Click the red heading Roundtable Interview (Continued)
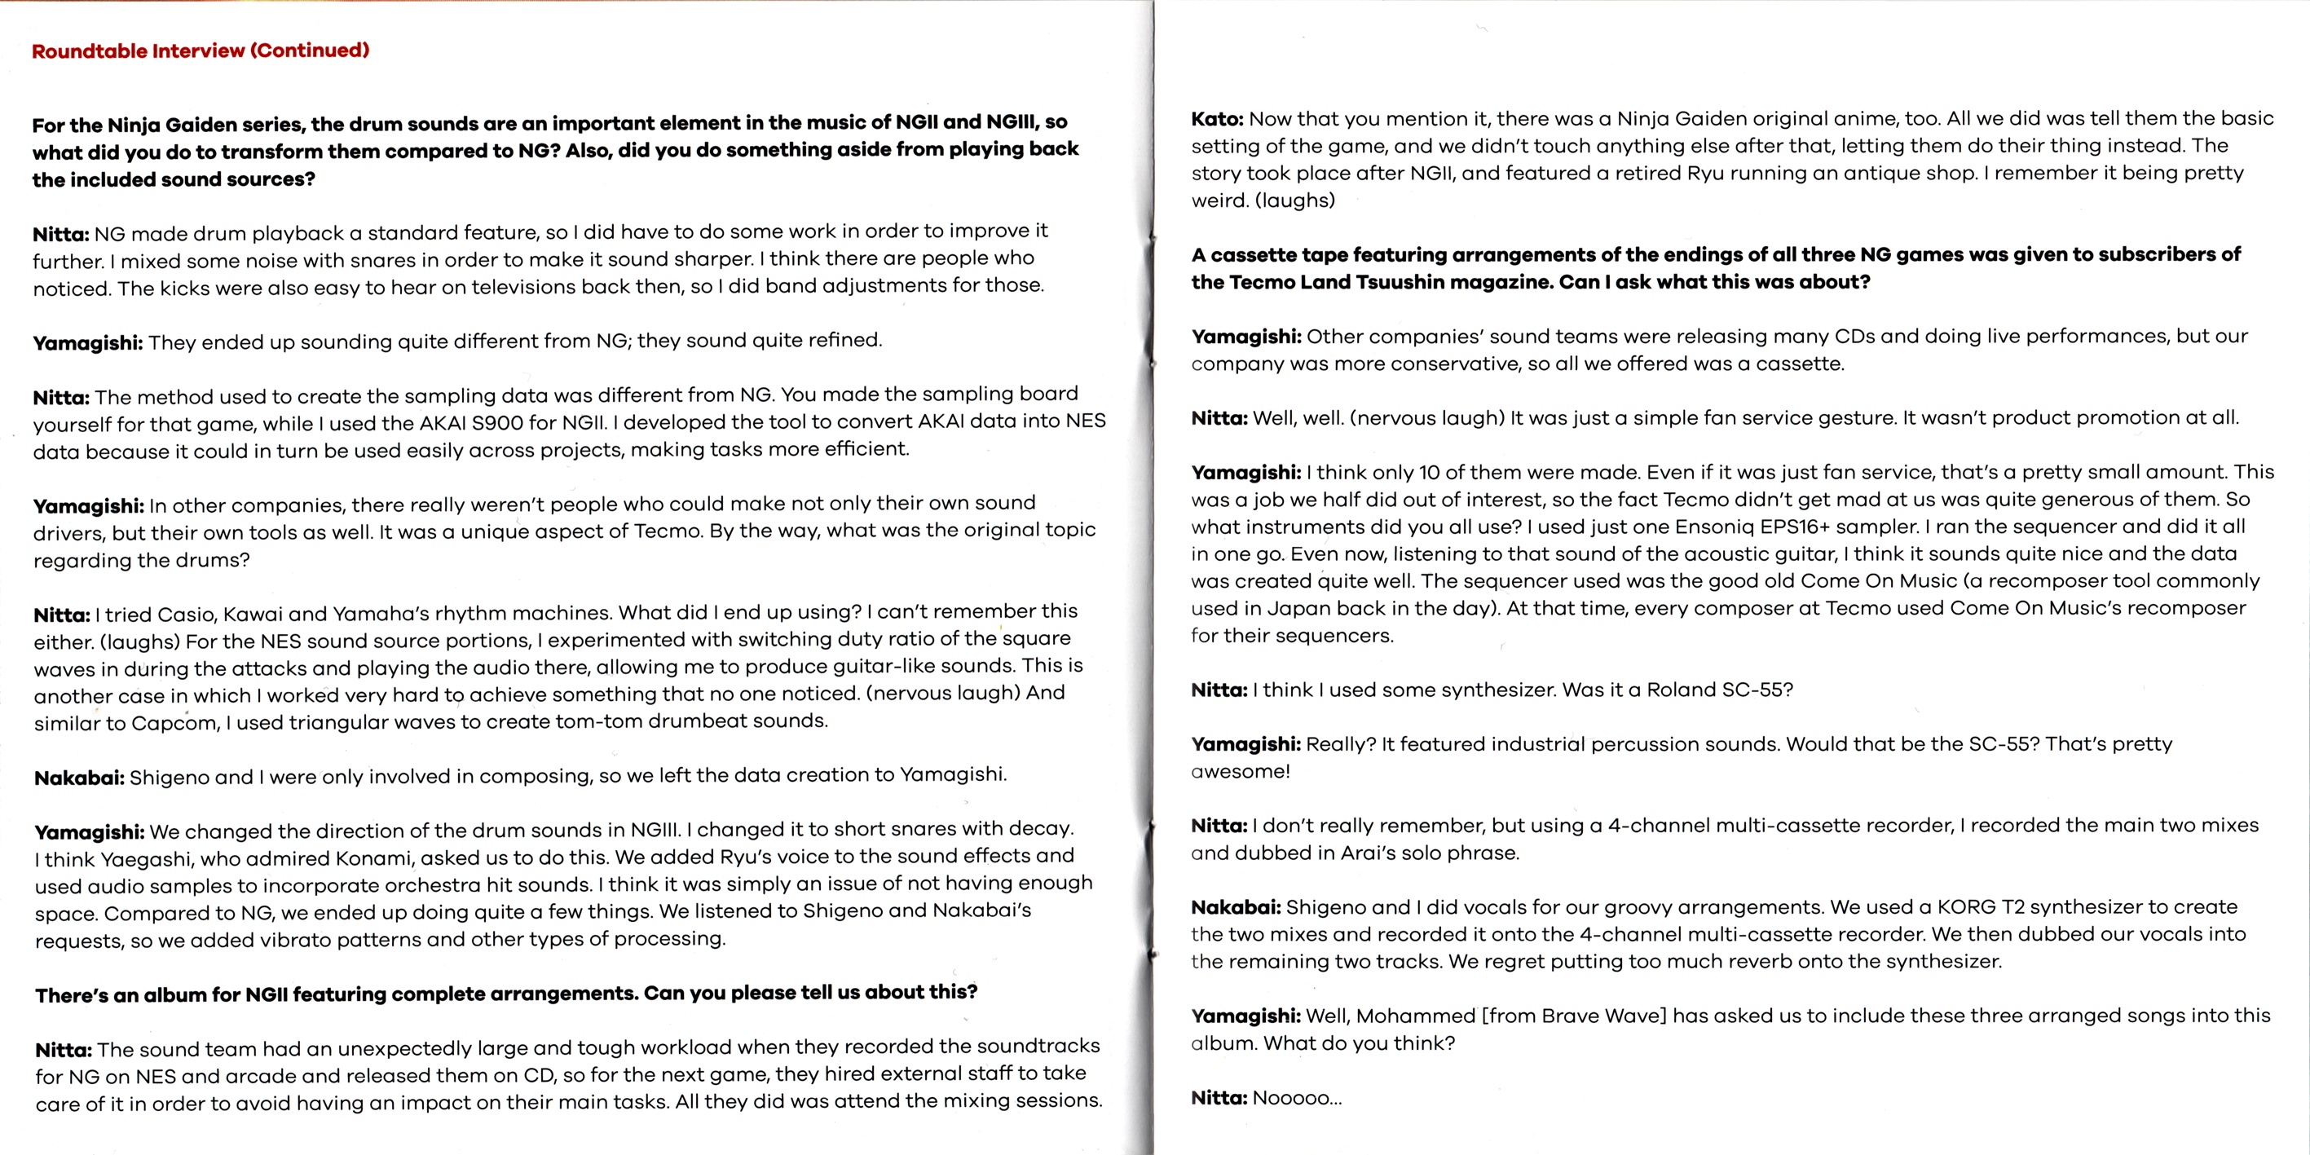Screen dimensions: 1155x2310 (x=200, y=51)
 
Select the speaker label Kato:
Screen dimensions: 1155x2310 (x=1217, y=119)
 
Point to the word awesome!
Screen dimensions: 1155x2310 (x=1241, y=771)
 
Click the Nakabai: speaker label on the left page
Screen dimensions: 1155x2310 (x=79, y=778)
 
